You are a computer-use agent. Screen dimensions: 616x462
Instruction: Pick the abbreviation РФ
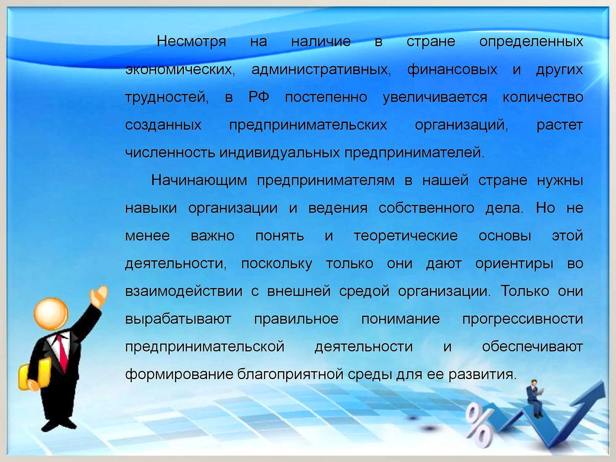259,97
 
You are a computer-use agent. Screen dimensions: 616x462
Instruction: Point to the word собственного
426,208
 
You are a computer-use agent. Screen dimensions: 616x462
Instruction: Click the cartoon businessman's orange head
51,314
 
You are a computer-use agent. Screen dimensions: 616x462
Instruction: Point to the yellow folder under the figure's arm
35,374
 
